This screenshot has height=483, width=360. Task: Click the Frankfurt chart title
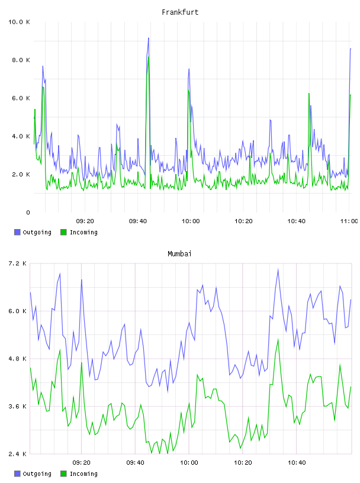(180, 12)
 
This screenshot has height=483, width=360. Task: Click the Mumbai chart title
(179, 254)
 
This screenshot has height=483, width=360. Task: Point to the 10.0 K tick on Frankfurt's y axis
(19, 22)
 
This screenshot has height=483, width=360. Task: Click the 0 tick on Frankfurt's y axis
(28, 212)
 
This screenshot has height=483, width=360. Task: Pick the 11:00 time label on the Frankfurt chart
(349, 221)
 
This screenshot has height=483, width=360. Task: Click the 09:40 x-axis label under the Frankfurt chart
(138, 221)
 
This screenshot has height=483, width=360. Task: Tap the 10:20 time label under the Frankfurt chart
(243, 221)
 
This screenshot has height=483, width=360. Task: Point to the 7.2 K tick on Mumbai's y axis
(18, 263)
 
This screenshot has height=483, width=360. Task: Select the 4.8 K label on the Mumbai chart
(18, 359)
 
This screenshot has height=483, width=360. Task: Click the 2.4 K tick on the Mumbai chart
(18, 454)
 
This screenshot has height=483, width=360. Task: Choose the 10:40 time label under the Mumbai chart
(297, 463)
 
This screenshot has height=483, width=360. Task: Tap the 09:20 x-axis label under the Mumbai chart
(81, 463)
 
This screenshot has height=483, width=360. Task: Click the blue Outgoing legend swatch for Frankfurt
(17, 232)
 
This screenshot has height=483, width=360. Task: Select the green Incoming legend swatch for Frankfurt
(63, 232)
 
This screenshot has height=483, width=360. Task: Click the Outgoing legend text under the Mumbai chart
(37, 474)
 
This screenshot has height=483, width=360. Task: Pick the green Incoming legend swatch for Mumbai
(63, 474)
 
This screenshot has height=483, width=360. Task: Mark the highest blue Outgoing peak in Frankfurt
(149, 38)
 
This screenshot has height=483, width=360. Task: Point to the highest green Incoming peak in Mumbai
(278, 339)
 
